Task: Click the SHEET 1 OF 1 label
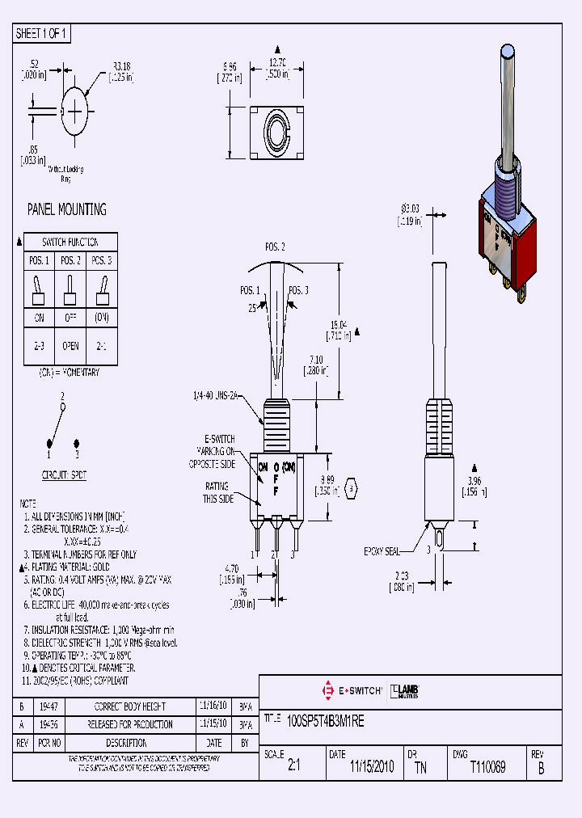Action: point(42,34)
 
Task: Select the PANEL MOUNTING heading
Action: point(67,209)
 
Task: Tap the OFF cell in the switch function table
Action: point(71,318)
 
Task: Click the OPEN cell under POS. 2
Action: point(71,346)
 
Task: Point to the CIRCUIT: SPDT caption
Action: point(64,476)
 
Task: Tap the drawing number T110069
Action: point(487,767)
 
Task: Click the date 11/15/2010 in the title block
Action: point(373,767)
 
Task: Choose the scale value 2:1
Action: point(293,767)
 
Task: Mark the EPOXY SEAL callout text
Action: point(382,551)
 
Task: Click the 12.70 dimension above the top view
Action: point(278,62)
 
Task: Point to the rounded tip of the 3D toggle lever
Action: point(508,53)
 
